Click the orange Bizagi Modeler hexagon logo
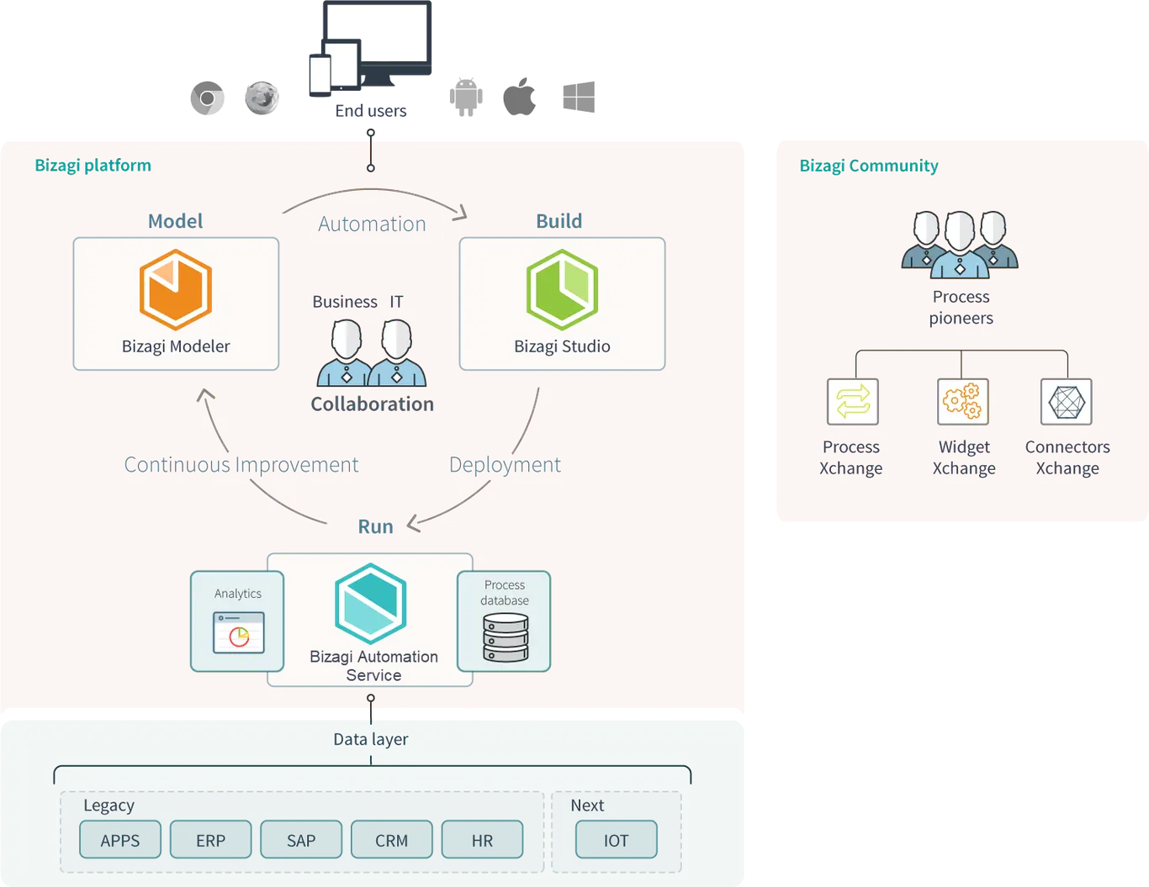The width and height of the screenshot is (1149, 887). click(176, 289)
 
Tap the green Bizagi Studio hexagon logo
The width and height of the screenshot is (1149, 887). click(562, 289)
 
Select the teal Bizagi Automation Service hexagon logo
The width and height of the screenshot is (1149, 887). click(371, 604)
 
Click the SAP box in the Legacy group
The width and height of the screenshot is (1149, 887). click(301, 839)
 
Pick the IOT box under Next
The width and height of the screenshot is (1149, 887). click(616, 839)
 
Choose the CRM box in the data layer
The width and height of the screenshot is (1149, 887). click(391, 839)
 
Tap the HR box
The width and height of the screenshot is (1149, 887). click(482, 839)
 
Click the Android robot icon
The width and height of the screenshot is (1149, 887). click(466, 98)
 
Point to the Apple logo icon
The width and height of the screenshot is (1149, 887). click(519, 96)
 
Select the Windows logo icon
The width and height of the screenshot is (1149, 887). click(579, 97)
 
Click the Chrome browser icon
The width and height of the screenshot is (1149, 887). click(207, 98)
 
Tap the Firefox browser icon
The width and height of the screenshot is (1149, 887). click(262, 98)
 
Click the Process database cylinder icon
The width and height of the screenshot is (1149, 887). click(506, 637)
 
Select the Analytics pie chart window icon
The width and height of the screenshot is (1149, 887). click(239, 632)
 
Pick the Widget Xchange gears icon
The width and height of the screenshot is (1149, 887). click(962, 402)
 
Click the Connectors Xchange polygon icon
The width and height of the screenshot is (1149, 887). click(1066, 402)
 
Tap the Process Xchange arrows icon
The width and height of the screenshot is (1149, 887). click(852, 402)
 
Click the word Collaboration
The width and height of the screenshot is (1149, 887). click(373, 404)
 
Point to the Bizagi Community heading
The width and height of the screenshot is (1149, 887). click(868, 166)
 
